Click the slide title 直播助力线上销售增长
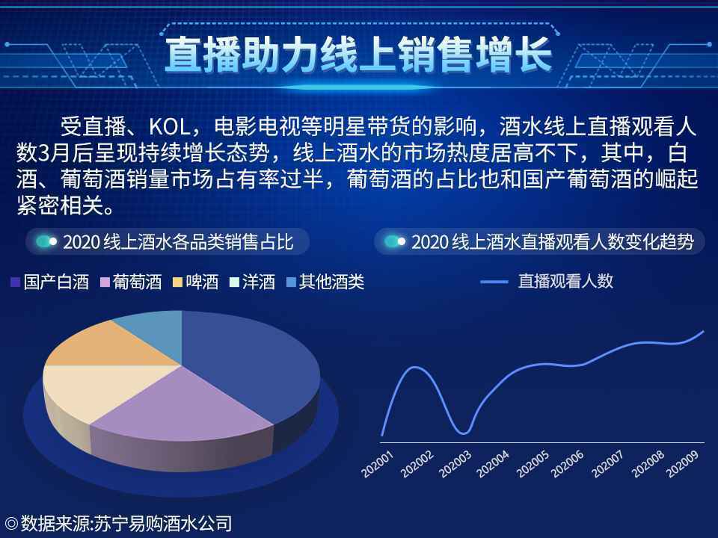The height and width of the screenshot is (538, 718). (358, 54)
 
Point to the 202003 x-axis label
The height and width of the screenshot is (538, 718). (456, 464)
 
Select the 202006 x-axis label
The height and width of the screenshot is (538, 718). (568, 464)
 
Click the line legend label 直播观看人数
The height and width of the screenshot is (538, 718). (565, 282)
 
